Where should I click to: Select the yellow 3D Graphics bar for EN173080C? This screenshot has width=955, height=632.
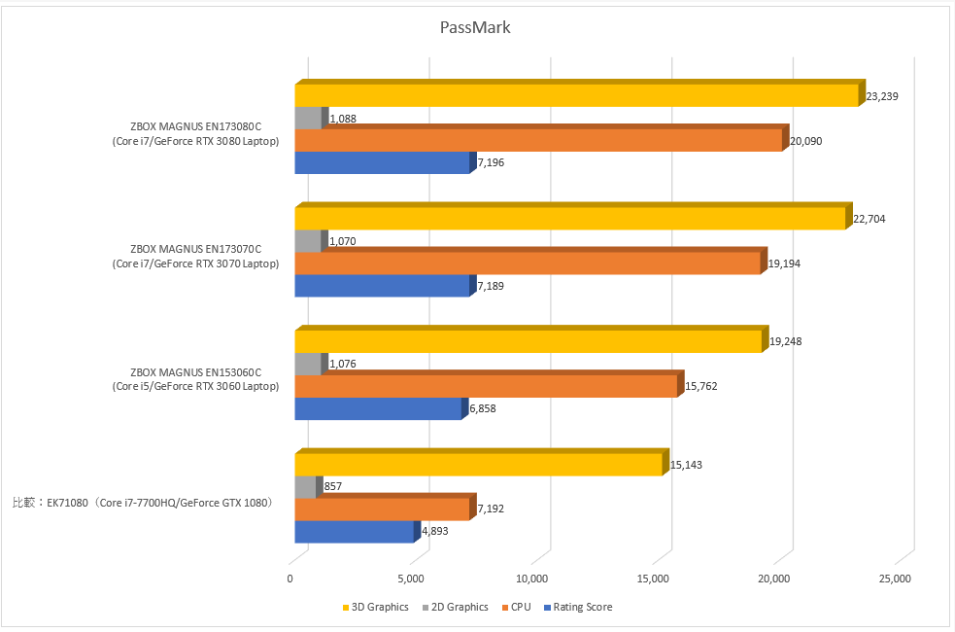(x=577, y=95)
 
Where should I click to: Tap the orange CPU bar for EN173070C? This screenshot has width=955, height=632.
(x=528, y=263)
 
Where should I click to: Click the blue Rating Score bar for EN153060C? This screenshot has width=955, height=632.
(x=378, y=408)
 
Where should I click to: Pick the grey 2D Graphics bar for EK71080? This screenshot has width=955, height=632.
(x=306, y=486)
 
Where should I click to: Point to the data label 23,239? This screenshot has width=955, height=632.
(x=885, y=96)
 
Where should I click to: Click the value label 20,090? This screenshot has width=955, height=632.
(x=807, y=141)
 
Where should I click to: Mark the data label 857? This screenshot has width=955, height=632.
(x=332, y=486)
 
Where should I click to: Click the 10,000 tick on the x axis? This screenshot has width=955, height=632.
(x=532, y=579)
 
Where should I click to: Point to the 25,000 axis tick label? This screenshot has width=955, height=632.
(x=894, y=579)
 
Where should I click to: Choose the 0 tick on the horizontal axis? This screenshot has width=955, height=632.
(x=290, y=579)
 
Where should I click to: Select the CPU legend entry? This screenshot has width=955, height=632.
(x=516, y=608)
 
